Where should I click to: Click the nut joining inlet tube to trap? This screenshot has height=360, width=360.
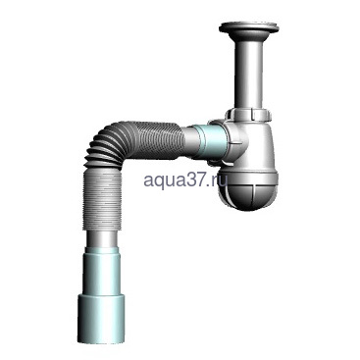click(x=246, y=115)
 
